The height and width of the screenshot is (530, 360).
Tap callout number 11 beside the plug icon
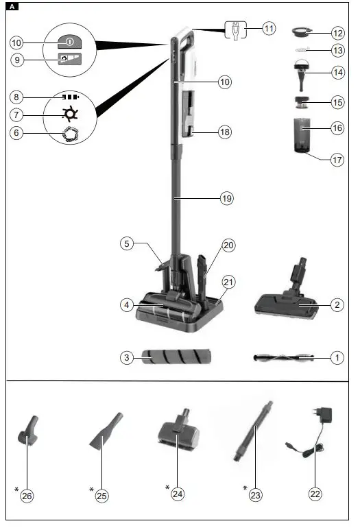[267, 29]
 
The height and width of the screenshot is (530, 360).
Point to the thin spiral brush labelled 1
[283, 357]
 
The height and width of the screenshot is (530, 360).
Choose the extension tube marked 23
[255, 432]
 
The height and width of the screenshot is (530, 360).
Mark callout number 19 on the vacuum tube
[226, 198]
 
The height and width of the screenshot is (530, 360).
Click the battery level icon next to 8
[69, 97]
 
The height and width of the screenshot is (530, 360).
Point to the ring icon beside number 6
[70, 134]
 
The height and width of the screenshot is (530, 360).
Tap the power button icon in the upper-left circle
[69, 41]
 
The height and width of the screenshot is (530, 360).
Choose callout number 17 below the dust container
[336, 160]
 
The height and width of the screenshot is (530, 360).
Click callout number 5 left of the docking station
[125, 243]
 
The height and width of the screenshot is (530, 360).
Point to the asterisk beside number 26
[16, 490]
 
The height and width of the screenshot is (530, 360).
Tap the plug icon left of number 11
[234, 29]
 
